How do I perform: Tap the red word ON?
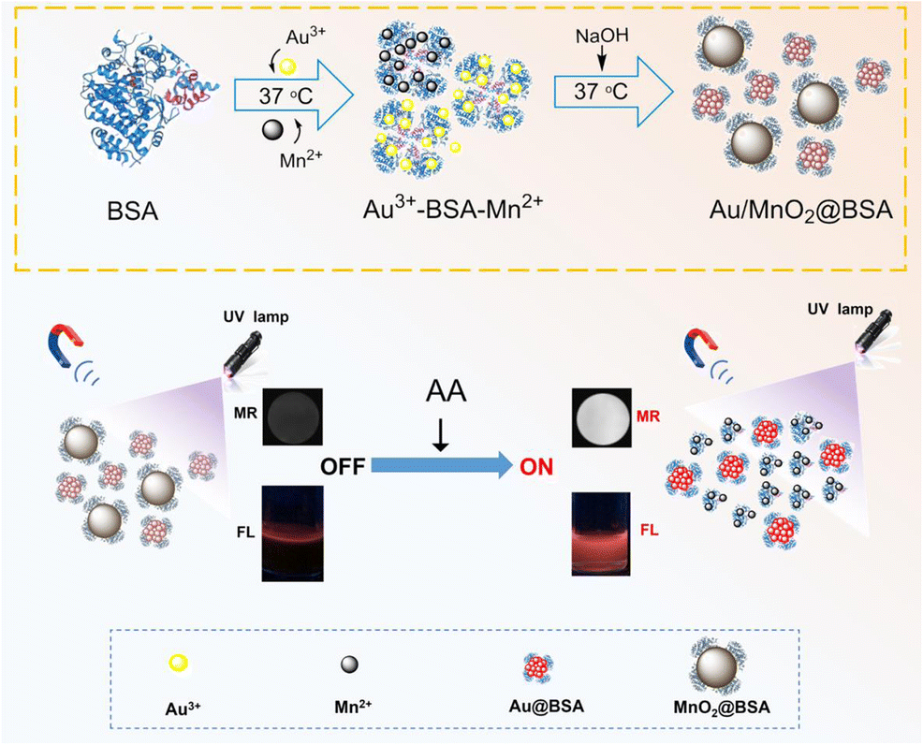531,463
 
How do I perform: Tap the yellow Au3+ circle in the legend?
181,663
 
